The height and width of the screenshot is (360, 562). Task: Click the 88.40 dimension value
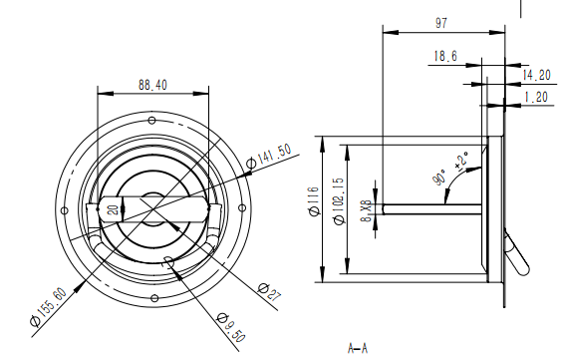coord(152,85)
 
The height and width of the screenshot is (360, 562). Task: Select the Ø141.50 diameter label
coord(269,157)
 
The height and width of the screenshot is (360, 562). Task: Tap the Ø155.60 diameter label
coord(49,307)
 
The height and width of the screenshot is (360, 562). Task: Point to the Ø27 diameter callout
coord(269,291)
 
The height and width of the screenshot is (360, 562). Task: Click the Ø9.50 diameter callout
coord(231,327)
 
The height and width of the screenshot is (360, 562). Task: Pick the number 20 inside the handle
coord(114,209)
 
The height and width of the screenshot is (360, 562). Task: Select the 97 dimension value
coord(441,23)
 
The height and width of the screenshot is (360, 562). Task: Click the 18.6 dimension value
coord(445,56)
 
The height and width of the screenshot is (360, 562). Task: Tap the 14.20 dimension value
coord(536,76)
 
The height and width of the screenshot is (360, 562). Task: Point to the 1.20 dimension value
coord(536,97)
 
